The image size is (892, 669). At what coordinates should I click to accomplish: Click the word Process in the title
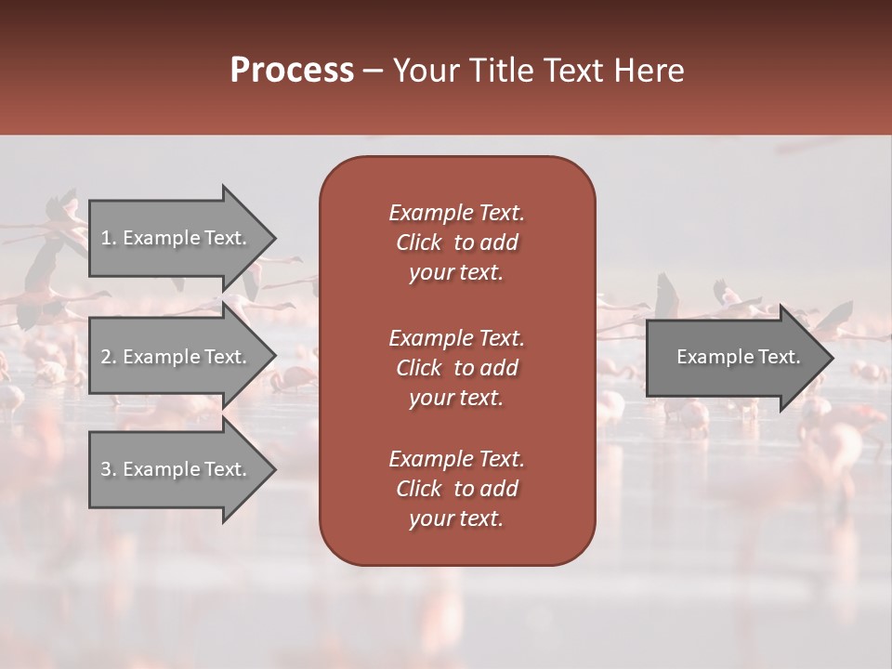[292, 71]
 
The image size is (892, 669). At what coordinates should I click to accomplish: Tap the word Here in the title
[648, 71]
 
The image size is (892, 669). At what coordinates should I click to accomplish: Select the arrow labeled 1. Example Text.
[177, 238]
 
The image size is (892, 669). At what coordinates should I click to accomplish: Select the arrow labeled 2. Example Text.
[177, 357]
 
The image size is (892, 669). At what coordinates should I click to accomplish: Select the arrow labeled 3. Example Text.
[177, 469]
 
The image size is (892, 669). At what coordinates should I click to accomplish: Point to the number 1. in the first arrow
[108, 238]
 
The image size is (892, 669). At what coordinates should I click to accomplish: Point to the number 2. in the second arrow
[108, 357]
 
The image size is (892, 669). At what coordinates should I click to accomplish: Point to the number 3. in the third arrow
[108, 469]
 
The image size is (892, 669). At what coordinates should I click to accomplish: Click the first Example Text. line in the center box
[456, 213]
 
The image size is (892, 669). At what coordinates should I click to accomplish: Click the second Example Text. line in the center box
[456, 337]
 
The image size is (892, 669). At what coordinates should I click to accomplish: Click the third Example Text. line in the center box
[456, 459]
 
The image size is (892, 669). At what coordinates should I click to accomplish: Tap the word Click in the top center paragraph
[419, 243]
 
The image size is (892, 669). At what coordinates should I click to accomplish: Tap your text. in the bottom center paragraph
[456, 518]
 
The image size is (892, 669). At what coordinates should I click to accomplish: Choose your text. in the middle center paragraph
[456, 398]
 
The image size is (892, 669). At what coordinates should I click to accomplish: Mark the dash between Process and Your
[373, 71]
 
